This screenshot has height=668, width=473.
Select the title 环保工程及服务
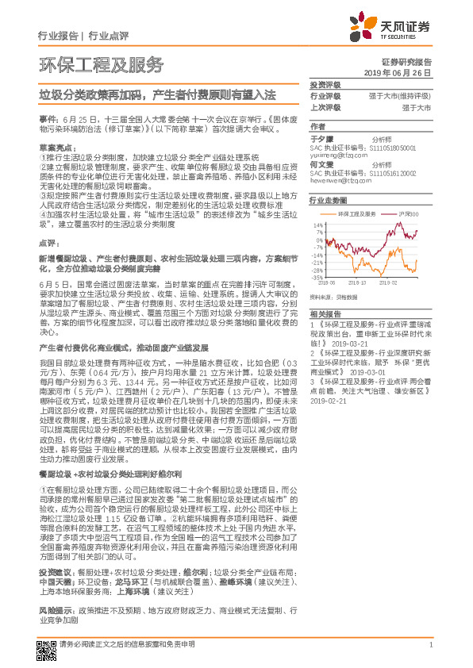(101, 63)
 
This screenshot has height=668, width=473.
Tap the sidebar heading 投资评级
(325, 84)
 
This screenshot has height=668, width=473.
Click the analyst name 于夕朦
(320, 138)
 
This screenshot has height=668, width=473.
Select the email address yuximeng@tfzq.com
(337, 155)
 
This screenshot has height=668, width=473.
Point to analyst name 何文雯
(320, 163)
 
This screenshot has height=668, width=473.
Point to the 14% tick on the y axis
(317, 225)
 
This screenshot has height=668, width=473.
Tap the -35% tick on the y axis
(317, 278)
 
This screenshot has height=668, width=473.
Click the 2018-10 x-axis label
(357, 282)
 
